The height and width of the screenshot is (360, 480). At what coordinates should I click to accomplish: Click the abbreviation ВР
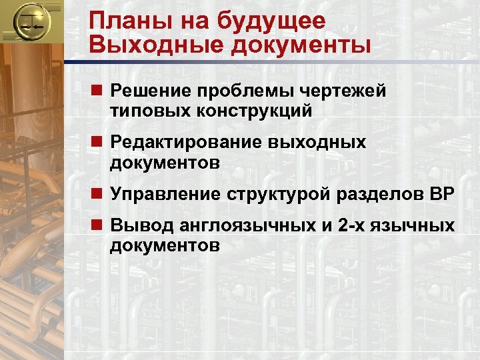(439, 194)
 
